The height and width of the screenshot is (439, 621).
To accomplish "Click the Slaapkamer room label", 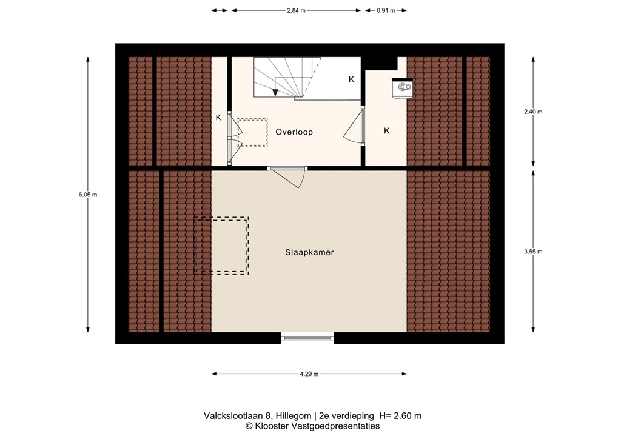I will click(310, 252).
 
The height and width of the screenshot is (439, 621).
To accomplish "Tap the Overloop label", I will click(294, 132).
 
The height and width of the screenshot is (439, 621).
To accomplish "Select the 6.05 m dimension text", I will click(88, 195).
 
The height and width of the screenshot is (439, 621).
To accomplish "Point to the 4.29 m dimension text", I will click(309, 374).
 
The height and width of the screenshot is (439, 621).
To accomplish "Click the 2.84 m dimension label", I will click(297, 10).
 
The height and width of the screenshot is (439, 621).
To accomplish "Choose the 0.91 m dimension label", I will click(386, 10).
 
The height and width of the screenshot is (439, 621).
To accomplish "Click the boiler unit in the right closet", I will click(403, 87).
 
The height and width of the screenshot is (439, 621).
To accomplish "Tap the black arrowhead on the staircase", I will click(275, 92).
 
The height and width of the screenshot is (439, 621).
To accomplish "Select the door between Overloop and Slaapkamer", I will click(287, 176).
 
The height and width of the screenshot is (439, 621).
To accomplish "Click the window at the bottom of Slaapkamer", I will click(307, 338).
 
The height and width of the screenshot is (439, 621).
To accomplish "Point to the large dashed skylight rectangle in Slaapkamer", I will click(221, 246).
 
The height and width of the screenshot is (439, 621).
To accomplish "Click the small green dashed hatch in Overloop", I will click(252, 132).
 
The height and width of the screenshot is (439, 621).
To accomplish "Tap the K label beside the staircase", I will click(351, 79).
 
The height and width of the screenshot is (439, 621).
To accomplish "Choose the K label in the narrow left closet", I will click(218, 118).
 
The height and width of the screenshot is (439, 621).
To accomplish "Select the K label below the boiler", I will click(386, 130).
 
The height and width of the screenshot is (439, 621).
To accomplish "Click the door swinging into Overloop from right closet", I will click(354, 129).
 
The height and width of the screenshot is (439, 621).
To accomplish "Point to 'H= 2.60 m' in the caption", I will click(400, 415).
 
